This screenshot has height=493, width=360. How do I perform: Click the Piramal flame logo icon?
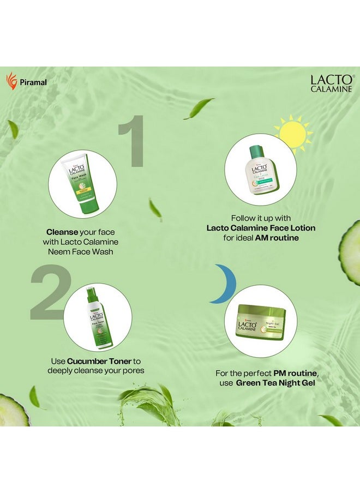11,81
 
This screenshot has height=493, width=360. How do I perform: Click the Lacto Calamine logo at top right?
333,83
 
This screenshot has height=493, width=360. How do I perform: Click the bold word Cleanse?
62,231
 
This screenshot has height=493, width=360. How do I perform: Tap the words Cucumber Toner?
93,361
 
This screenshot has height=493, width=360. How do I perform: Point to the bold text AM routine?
280,238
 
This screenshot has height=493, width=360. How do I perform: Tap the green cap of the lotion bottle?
256,151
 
